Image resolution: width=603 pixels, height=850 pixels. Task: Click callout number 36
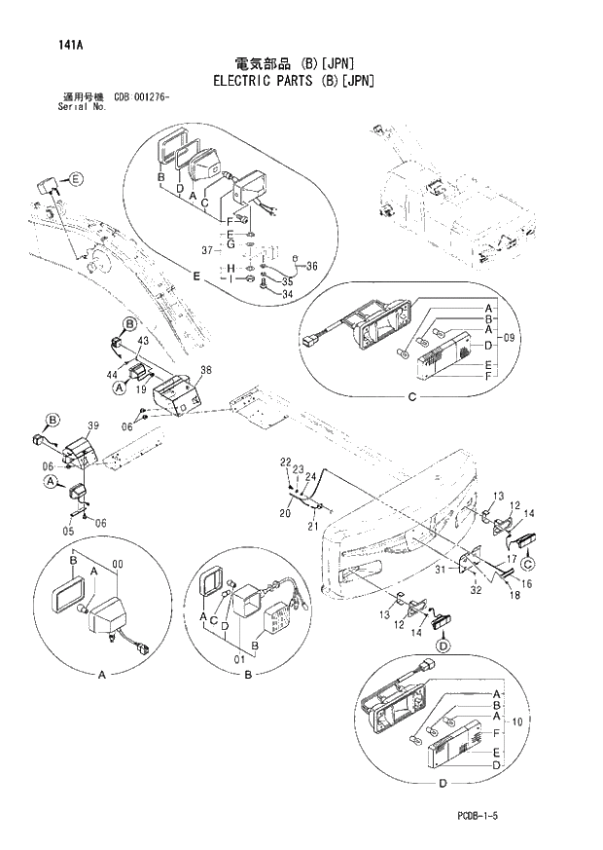[311, 266]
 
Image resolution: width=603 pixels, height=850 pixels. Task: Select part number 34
[288, 294]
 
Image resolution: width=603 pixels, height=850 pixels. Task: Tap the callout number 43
[142, 340]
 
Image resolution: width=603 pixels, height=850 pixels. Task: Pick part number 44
[112, 375]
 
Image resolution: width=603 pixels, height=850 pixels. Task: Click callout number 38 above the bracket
[204, 370]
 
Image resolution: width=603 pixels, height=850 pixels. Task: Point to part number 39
[93, 426]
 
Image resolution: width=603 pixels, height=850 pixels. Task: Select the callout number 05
[67, 531]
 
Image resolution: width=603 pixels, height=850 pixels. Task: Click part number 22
[286, 461]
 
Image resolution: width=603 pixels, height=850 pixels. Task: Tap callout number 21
[313, 527]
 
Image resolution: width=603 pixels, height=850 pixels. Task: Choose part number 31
[440, 570]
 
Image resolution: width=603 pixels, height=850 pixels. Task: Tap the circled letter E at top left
[77, 178]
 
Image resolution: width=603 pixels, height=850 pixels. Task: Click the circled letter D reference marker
[443, 645]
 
